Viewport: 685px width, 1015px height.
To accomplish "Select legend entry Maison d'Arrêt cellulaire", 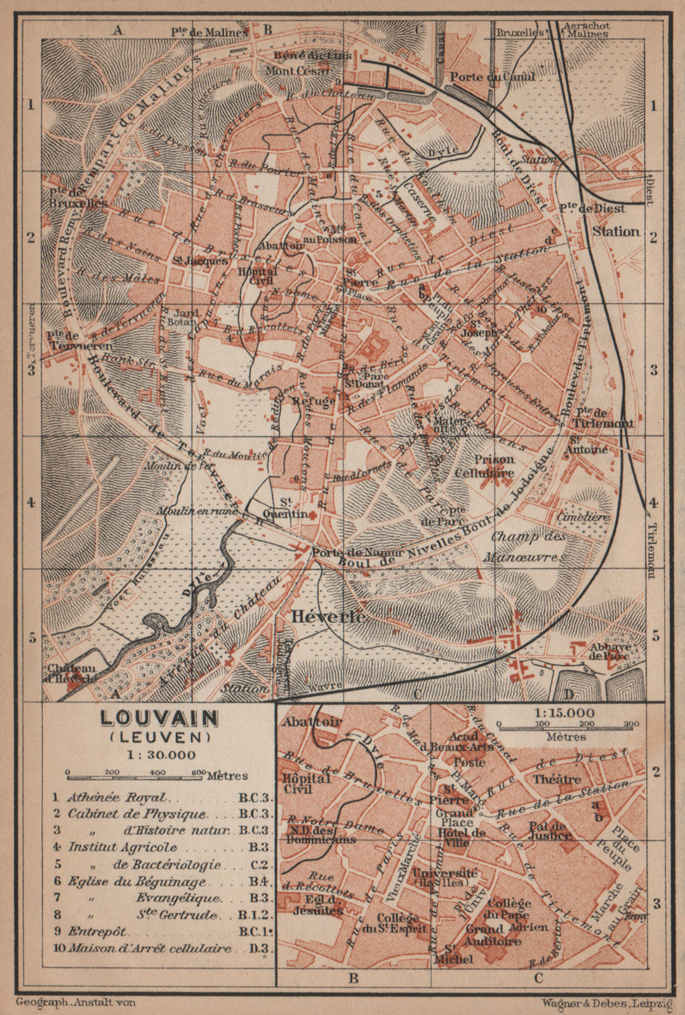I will click(150, 949).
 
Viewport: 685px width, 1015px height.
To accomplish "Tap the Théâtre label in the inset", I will click(557, 779).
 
